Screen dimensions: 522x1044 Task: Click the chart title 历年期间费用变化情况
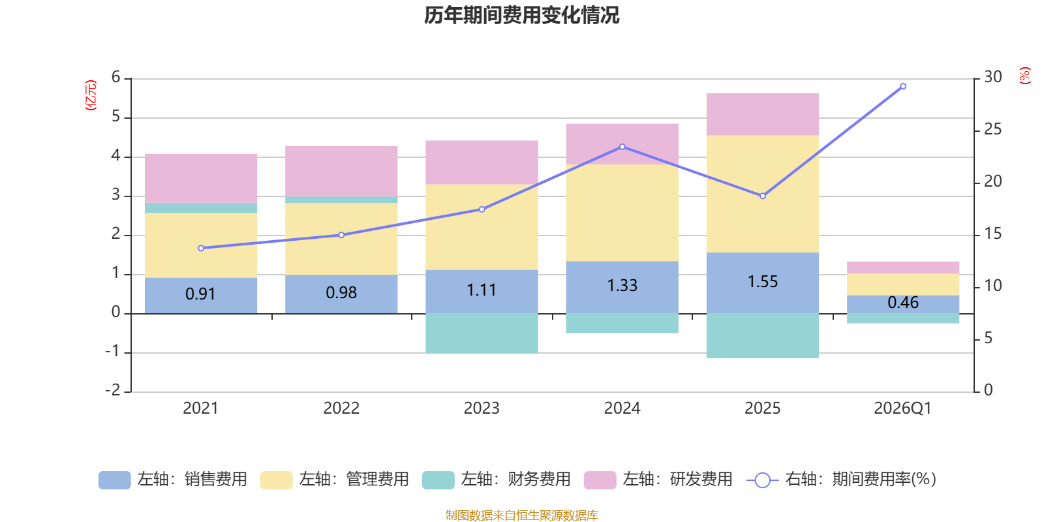521,15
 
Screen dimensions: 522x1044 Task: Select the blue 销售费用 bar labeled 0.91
200,295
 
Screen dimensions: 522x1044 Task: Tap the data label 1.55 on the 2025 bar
762,282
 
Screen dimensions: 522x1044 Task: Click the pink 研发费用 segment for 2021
200,178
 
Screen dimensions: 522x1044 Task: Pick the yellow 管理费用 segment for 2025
762,194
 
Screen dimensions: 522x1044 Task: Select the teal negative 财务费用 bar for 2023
482,333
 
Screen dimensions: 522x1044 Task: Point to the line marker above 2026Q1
903,86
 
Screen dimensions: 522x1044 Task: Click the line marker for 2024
622,147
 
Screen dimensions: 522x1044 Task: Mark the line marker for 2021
200,248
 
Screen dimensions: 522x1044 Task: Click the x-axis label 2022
341,408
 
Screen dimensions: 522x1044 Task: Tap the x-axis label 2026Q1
902,408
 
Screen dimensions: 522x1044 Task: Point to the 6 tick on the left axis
116,78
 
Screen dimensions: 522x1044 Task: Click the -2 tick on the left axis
114,390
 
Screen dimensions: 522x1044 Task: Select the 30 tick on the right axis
992,78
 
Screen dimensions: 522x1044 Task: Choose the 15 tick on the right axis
992,234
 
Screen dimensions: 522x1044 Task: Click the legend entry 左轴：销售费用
173,480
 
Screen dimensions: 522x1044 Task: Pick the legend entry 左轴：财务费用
497,480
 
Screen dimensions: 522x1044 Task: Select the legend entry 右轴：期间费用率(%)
842,480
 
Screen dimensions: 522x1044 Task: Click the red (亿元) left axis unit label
91,95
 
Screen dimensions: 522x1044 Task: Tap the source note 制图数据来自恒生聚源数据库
521,515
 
